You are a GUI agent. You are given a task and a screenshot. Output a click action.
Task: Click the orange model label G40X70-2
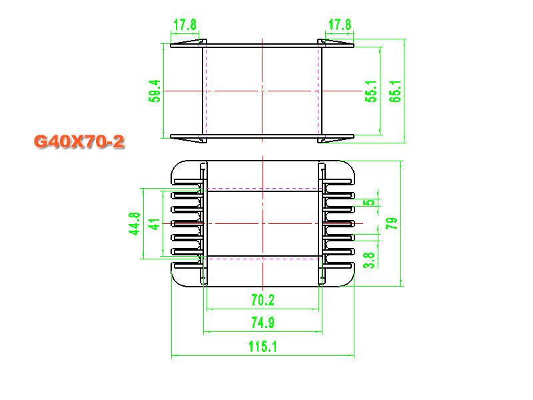coord(79,141)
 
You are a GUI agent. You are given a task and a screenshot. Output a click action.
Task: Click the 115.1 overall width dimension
coord(263,346)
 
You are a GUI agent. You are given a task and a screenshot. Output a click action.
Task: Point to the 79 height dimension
coord(392,223)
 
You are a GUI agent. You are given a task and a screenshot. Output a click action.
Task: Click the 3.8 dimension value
coord(371,259)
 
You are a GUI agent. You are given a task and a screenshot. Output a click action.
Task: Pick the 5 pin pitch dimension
coord(371,202)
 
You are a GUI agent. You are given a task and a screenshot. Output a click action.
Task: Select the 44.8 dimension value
coord(135,224)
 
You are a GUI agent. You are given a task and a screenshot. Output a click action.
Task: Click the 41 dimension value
coord(155,224)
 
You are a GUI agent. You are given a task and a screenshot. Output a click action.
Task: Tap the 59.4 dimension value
coord(155,91)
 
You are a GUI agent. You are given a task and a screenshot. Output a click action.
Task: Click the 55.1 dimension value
coord(371,91)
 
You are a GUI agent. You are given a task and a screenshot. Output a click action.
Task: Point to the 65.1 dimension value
coord(396,91)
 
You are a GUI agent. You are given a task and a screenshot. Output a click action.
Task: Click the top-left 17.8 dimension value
coord(185,25)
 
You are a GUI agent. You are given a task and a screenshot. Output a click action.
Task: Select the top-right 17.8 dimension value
coord(340,25)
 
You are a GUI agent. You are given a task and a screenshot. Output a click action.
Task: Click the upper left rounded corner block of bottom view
coord(186,173)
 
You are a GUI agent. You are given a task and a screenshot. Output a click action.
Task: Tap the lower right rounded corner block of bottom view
coord(340,273)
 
